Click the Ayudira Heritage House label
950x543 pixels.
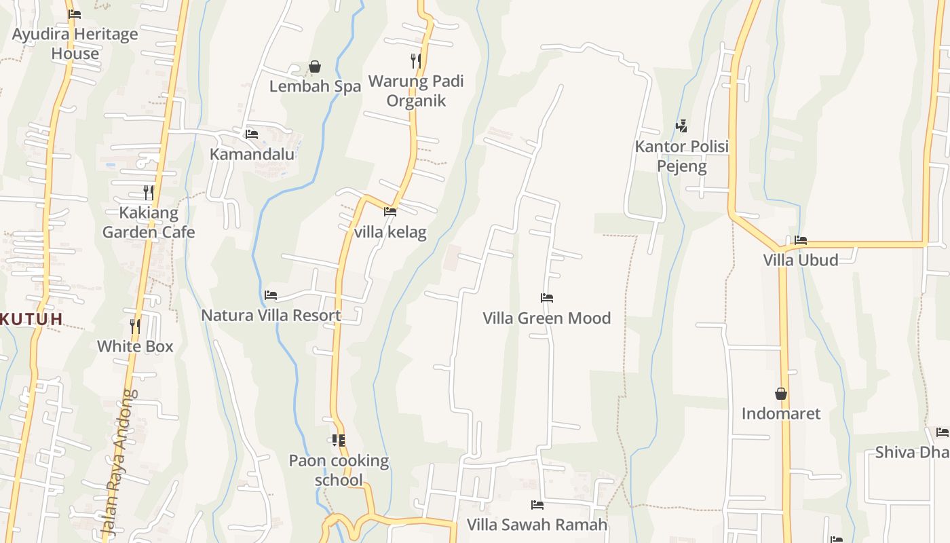pyautogui.click(x=75, y=43)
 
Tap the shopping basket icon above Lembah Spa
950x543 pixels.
pyautogui.click(x=315, y=67)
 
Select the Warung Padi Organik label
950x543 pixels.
pyautogui.click(x=416, y=91)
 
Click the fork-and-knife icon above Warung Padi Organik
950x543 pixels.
pyautogui.click(x=416, y=61)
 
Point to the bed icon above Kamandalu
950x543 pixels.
pyautogui.click(x=252, y=134)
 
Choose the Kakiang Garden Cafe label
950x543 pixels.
pyautogui.click(x=149, y=223)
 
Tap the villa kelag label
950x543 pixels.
pyautogui.click(x=390, y=232)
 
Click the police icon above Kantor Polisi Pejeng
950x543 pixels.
pyautogui.click(x=681, y=126)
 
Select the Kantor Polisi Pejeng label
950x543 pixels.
pyautogui.click(x=681, y=156)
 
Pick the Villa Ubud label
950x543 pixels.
pyautogui.click(x=801, y=260)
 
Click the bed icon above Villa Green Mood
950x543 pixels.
pyautogui.click(x=547, y=297)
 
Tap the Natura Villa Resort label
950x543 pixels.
pyautogui.click(x=271, y=315)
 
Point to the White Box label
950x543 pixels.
pyautogui.click(x=135, y=346)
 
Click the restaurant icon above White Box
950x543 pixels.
pyautogui.click(x=135, y=326)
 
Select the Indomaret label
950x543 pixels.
pyautogui.click(x=781, y=413)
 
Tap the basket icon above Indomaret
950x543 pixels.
pyautogui.click(x=781, y=394)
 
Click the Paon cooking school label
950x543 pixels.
pyautogui.click(x=339, y=470)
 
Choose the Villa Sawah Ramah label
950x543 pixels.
pyautogui.click(x=537, y=525)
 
